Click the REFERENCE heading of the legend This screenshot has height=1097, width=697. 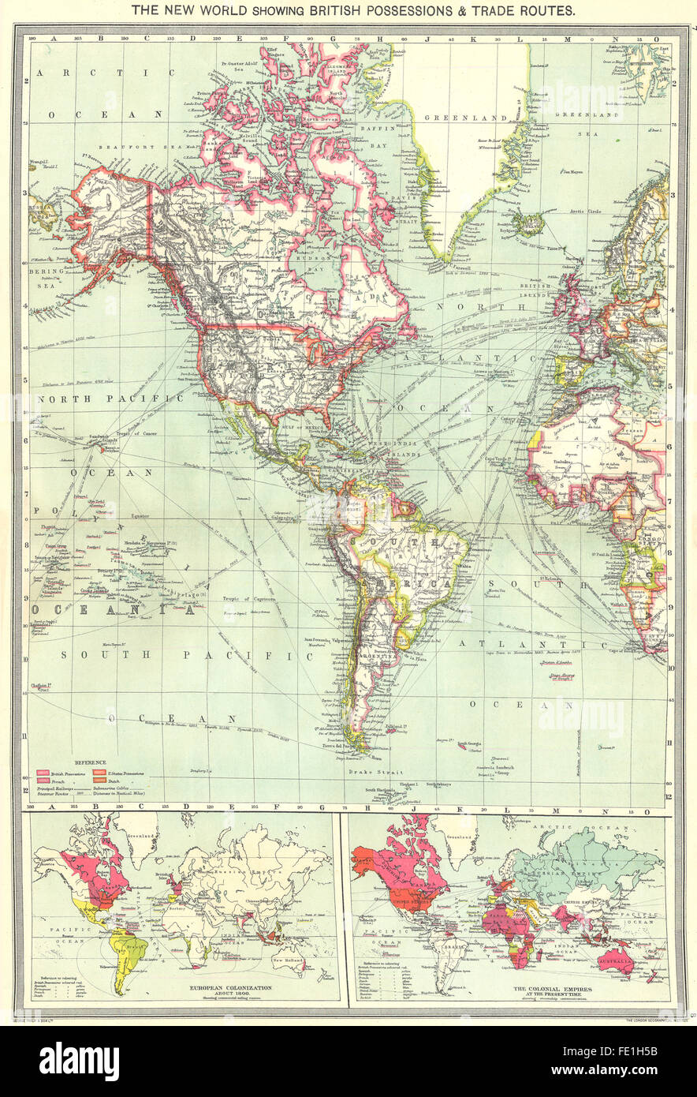(x=89, y=763)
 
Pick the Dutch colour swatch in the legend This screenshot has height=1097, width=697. (x=102, y=781)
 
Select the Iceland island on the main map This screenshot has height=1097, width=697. (x=526, y=223)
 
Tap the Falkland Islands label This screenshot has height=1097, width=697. (x=397, y=725)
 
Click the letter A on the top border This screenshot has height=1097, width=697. (x=54, y=37)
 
